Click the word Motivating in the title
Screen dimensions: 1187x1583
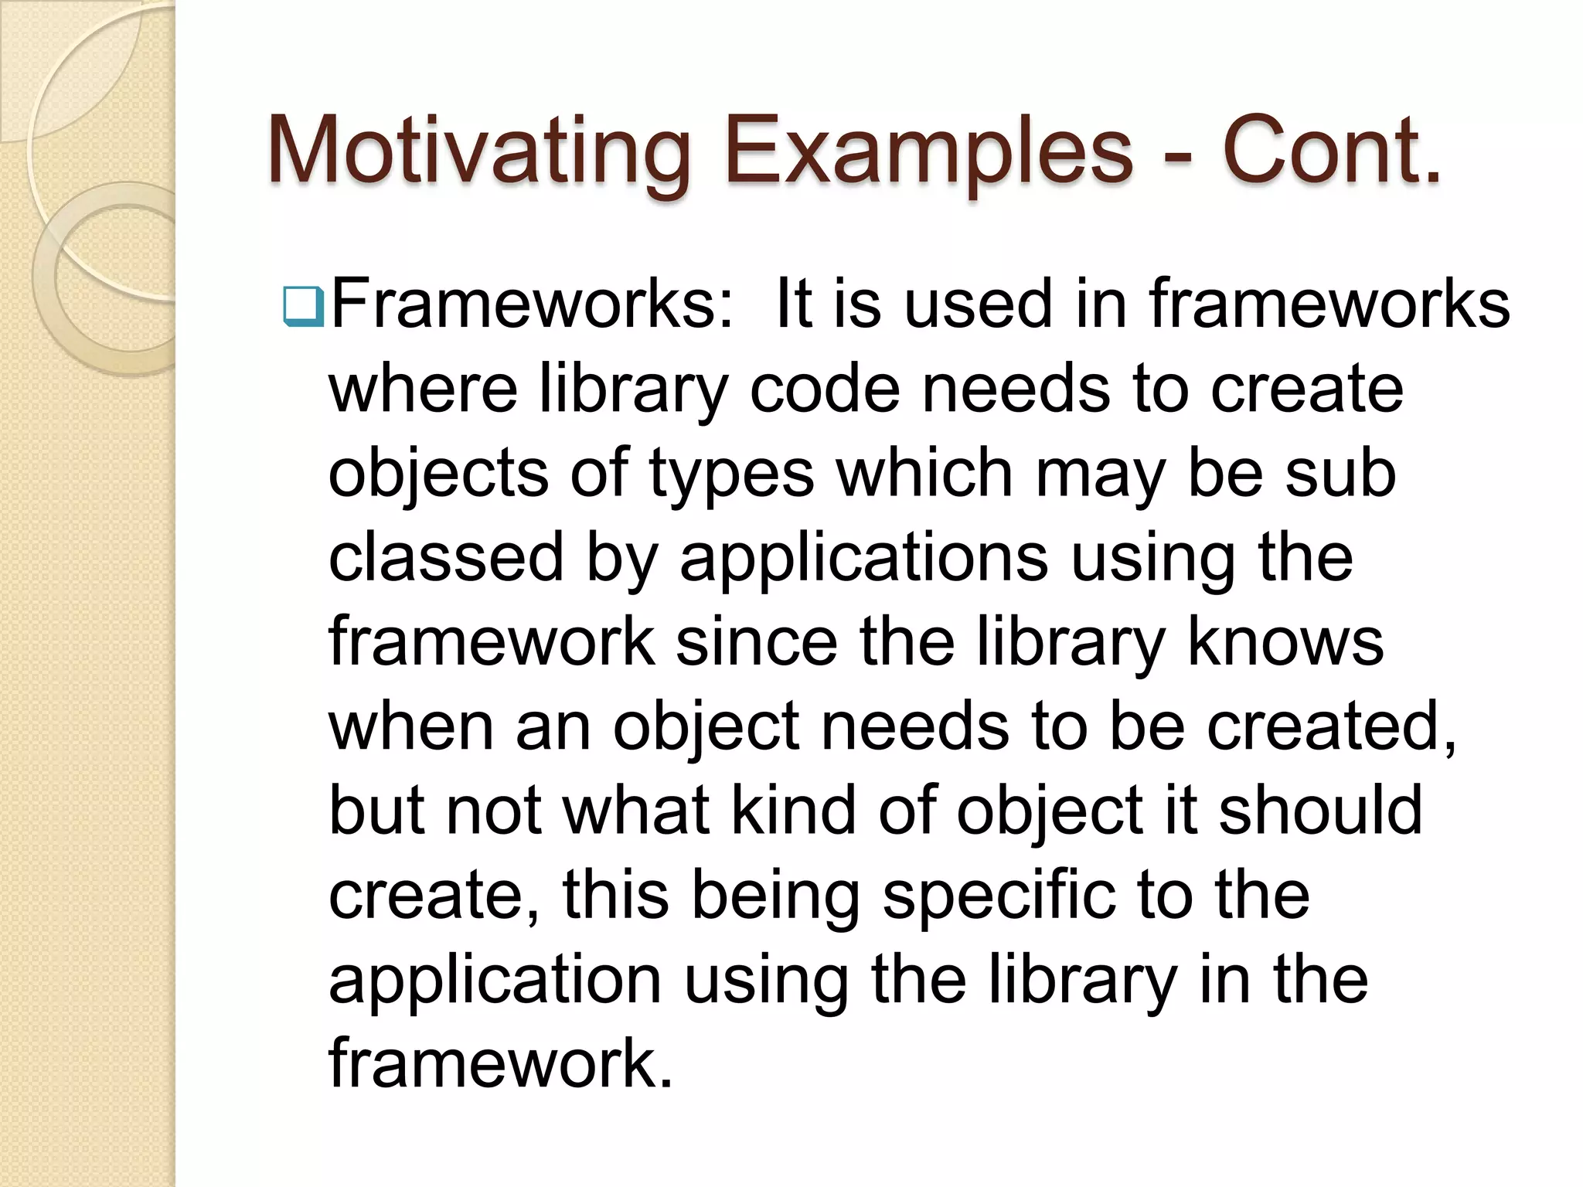(x=478, y=151)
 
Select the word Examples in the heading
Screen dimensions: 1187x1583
(x=928, y=151)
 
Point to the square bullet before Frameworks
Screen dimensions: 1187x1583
(x=302, y=306)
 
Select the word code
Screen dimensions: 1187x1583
(x=824, y=388)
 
